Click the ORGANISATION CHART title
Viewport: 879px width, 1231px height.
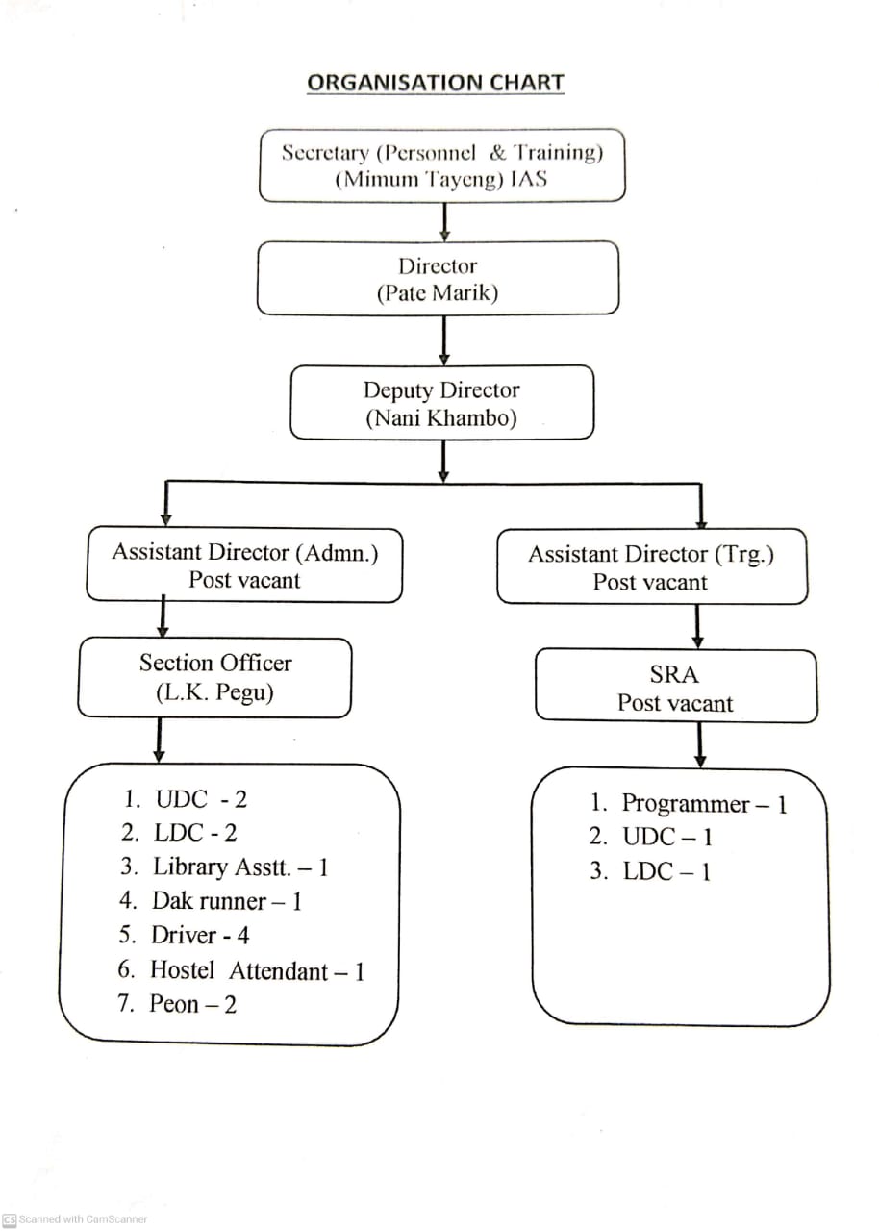coord(435,83)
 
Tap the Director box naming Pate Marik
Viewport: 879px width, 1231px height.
coord(438,279)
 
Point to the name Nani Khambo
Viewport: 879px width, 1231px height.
coord(441,418)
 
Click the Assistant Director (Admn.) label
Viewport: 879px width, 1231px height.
coord(244,552)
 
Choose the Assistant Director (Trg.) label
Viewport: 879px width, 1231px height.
coord(651,554)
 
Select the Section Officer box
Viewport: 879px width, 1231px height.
coord(214,677)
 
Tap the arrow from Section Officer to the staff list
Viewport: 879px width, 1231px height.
coord(159,740)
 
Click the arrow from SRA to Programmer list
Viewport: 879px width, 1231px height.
coord(700,744)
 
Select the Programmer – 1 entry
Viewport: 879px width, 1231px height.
coord(689,804)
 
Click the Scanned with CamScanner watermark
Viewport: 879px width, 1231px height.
coord(76,1218)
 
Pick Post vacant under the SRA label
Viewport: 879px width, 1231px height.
coord(674,703)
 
